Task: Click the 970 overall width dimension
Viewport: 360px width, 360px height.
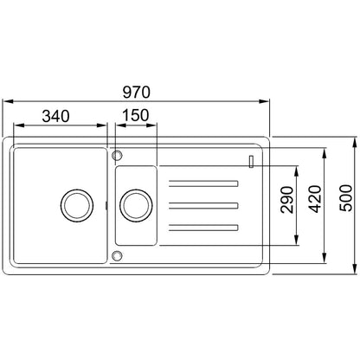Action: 136,93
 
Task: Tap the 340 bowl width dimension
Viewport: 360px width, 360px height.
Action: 55,116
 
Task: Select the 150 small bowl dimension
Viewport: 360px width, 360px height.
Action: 136,115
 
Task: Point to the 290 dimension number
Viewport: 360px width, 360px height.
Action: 287,200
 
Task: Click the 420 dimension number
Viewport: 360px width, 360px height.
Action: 314,199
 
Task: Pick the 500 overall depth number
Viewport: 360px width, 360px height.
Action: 345,198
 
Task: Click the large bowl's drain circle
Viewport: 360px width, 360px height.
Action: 77,206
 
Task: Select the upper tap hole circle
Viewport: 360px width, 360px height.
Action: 117,155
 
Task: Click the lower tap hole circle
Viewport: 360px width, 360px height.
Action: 117,255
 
